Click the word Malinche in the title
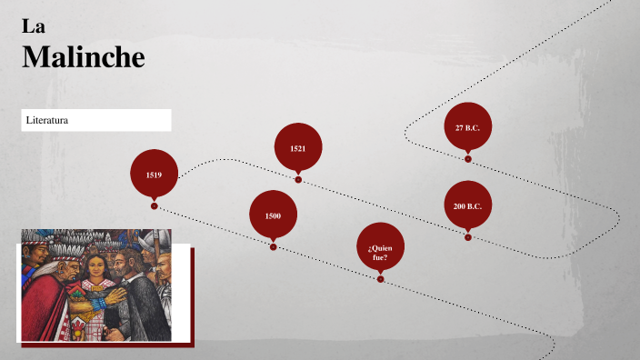[x=83, y=56]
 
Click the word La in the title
[x=34, y=26]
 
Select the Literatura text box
[x=96, y=120]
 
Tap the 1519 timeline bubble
[x=154, y=173]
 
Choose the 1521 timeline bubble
[x=298, y=147]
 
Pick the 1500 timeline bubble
[x=273, y=215]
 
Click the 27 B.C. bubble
[x=467, y=127]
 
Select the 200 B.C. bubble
[x=467, y=206]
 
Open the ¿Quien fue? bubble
[x=380, y=246]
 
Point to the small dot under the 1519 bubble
[x=155, y=206]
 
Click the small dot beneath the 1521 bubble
[x=298, y=180]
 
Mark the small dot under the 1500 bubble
[x=273, y=246]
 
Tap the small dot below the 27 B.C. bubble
[x=468, y=159]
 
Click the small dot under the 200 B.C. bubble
[x=468, y=237]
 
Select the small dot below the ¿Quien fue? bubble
[x=380, y=279]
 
